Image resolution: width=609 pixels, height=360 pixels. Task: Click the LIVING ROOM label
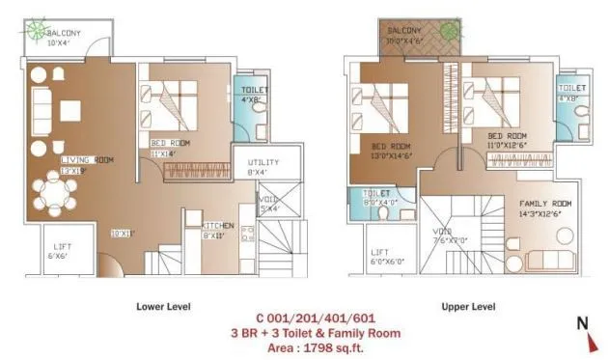point(87,159)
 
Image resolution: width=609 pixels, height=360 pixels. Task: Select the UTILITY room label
point(263,162)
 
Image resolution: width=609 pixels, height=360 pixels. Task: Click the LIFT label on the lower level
point(60,247)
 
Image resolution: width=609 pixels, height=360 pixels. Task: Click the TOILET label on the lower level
point(256,89)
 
